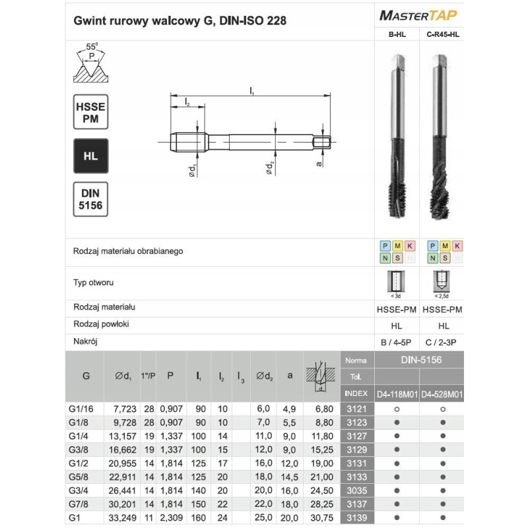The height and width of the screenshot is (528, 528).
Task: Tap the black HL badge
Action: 90,156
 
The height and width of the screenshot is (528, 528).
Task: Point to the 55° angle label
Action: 92,46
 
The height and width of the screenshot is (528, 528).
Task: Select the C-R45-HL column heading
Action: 442,36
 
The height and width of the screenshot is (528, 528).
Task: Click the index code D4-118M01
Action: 397,394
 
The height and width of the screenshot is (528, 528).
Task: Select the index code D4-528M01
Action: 442,394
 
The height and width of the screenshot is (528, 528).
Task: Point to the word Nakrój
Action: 86,342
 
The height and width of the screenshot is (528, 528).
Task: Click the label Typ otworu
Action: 94,282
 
